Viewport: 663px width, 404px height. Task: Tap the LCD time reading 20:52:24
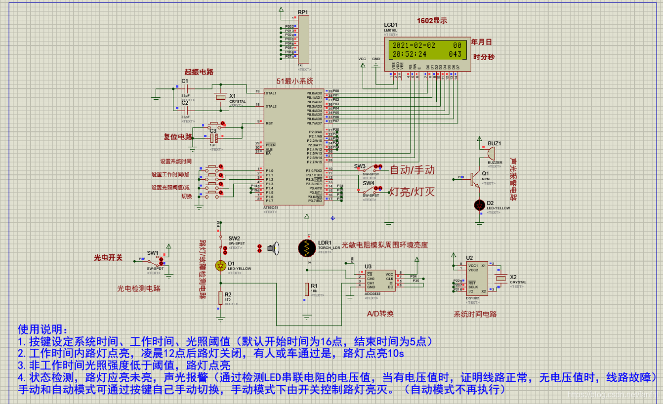coord(409,54)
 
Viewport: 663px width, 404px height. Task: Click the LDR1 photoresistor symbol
coord(307,247)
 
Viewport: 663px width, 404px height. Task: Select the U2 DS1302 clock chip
coord(476,279)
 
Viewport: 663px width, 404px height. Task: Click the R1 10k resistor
coord(307,289)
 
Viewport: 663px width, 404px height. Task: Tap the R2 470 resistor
coord(220,297)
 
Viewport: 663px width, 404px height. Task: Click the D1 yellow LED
coord(221,266)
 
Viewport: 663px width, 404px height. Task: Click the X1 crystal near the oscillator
coord(220,98)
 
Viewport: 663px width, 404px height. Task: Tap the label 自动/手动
coord(412,170)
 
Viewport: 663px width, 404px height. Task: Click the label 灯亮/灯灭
coord(412,192)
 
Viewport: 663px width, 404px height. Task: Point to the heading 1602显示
coord(432,21)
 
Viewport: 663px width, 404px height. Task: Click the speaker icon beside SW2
coord(274,248)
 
